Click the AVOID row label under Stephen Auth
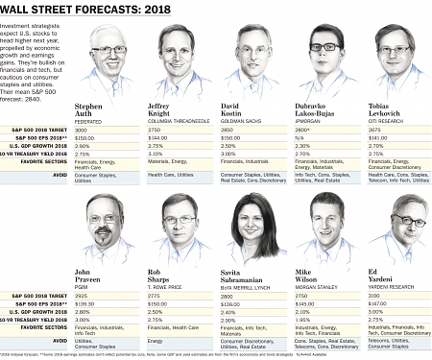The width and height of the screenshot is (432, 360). click(x=59, y=175)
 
